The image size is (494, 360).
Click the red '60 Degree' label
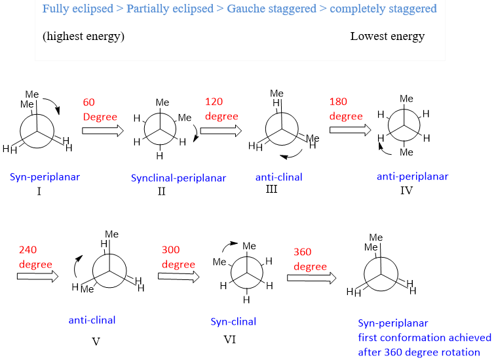click(x=100, y=110)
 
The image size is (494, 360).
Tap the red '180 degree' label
click(x=346, y=109)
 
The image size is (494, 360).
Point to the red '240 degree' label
click(x=35, y=256)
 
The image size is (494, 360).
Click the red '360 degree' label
click(x=310, y=259)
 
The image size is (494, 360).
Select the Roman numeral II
click(x=161, y=191)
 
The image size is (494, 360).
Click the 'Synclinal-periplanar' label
click(x=178, y=178)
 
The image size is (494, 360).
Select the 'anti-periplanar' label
click(x=412, y=176)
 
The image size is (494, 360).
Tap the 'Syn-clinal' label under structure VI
click(x=233, y=321)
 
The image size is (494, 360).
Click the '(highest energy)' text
click(x=83, y=36)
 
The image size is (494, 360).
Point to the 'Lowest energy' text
click(x=387, y=36)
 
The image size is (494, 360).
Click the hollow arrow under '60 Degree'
click(x=102, y=130)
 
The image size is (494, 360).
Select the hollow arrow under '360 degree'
click(x=311, y=278)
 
